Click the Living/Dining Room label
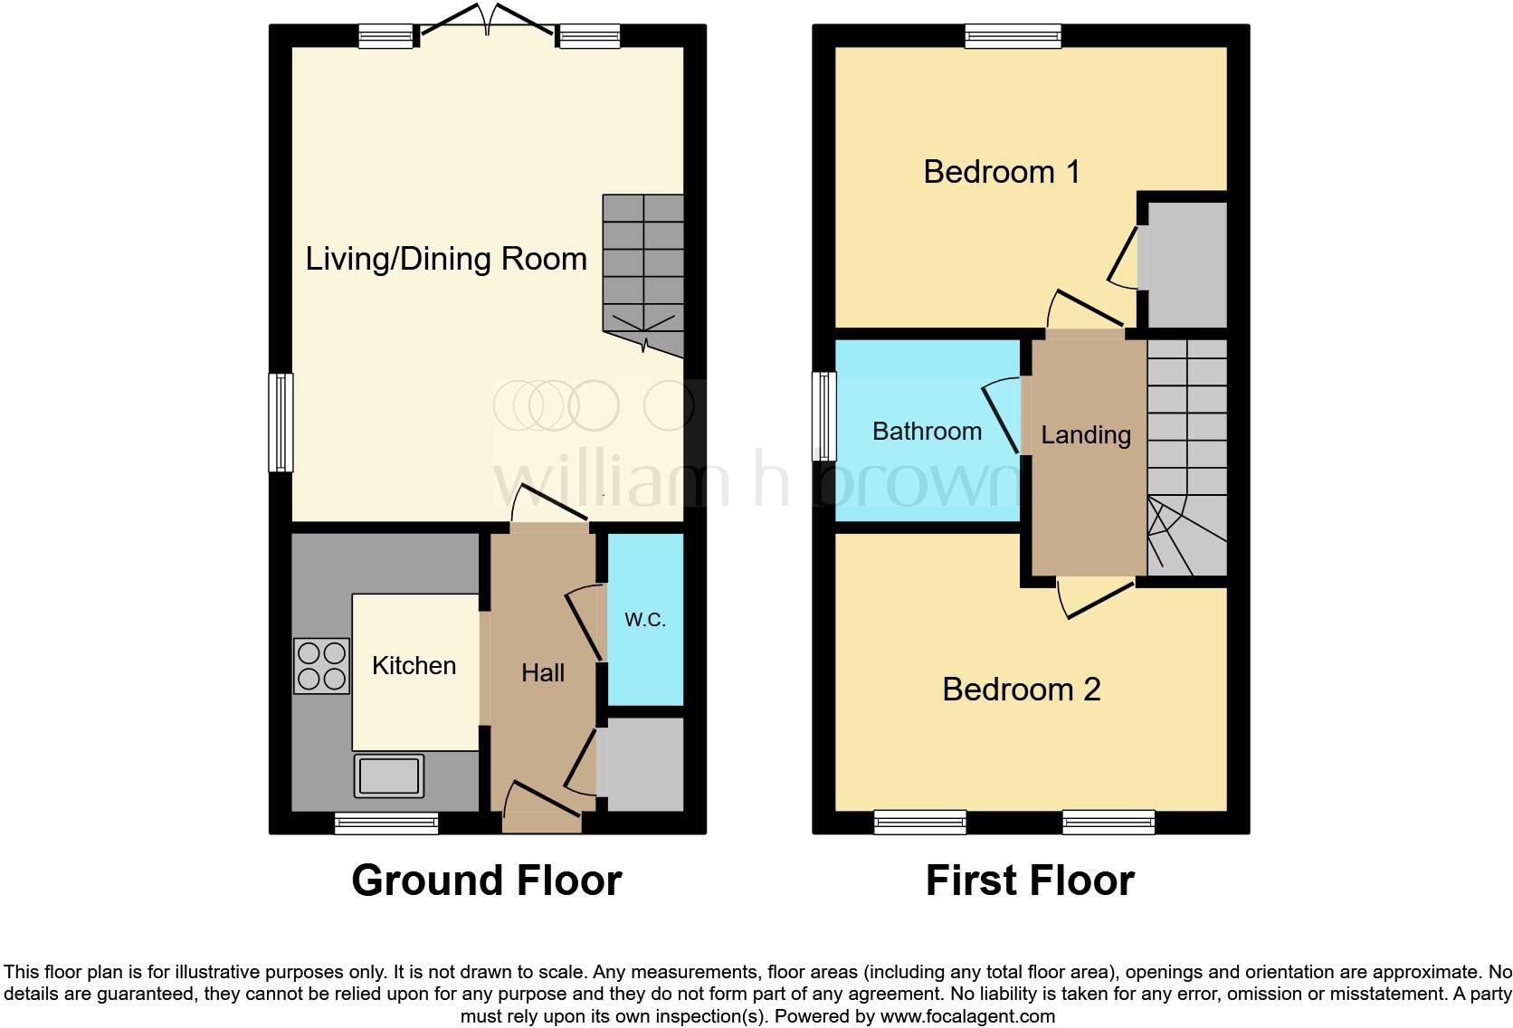pyautogui.click(x=446, y=259)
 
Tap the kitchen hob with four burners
pyautogui.click(x=321, y=666)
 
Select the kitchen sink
pyautogui.click(x=389, y=775)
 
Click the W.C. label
pyautogui.click(x=645, y=620)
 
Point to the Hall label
pyautogui.click(x=543, y=672)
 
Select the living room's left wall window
pyautogui.click(x=281, y=423)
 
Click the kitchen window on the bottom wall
pyautogui.click(x=386, y=823)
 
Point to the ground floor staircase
pyautogui.click(x=643, y=271)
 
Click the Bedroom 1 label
pyautogui.click(x=1002, y=172)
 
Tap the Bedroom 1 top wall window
pyautogui.click(x=1013, y=36)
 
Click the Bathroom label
pyautogui.click(x=927, y=431)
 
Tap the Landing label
pyautogui.click(x=1086, y=435)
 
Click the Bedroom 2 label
pyautogui.click(x=1021, y=690)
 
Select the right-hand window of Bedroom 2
pyautogui.click(x=1109, y=823)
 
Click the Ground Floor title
pyautogui.click(x=486, y=880)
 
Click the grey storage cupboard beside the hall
pyautogui.click(x=640, y=765)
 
